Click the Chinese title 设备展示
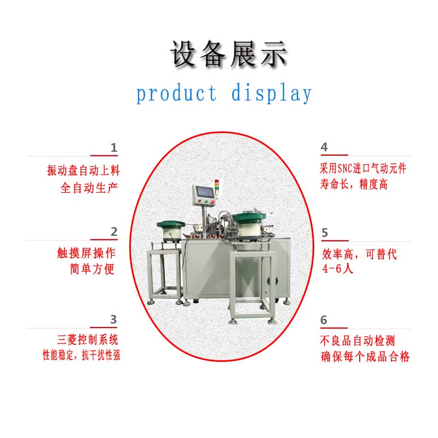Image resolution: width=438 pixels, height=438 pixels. [229, 54]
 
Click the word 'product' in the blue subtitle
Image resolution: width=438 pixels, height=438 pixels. [176, 93]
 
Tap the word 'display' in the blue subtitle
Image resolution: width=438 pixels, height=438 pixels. [271, 93]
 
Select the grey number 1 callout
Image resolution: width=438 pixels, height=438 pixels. [114, 147]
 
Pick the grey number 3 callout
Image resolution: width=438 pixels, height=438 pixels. [113, 320]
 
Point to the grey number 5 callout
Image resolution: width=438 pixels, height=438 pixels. [325, 233]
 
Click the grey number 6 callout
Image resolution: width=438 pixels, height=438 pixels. [324, 320]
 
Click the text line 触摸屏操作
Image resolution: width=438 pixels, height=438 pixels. [86, 253]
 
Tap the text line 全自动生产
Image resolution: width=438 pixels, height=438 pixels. [89, 188]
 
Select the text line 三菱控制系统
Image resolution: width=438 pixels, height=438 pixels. [88, 339]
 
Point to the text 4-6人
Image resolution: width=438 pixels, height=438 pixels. [338, 269]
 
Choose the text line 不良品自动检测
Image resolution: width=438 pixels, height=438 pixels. [358, 341]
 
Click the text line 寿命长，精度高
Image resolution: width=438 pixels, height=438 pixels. [354, 185]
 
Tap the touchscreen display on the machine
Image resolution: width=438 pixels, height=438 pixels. [205, 191]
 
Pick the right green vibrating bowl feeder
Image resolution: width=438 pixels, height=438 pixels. [250, 225]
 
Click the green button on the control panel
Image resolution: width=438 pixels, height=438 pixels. [206, 201]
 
